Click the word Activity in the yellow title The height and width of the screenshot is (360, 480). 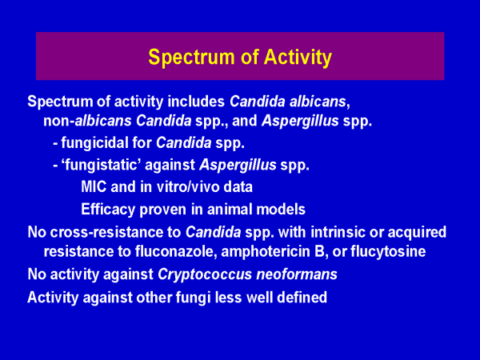coord(298,58)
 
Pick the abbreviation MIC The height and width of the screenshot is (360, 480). coord(94,187)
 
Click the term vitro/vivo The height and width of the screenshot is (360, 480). coord(188,187)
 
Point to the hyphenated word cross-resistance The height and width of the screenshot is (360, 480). coord(115,232)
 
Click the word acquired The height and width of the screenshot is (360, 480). coord(418,233)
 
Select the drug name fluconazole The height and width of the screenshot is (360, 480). coord(176,252)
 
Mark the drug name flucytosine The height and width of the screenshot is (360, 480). coord(388,252)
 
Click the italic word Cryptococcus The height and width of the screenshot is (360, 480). coord(205,274)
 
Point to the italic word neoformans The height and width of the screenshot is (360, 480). coord(297,274)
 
